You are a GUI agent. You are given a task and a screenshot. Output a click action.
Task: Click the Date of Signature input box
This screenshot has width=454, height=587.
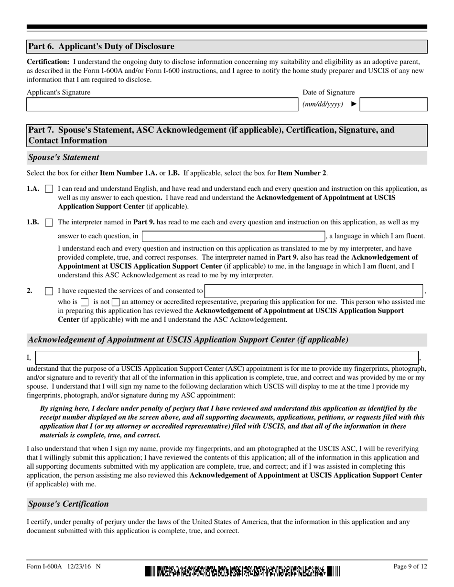(x=393, y=105)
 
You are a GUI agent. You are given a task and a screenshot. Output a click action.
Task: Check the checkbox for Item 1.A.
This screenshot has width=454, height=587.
(x=49, y=189)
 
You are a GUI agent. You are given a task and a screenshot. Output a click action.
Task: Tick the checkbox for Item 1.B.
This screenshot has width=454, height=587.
(x=49, y=222)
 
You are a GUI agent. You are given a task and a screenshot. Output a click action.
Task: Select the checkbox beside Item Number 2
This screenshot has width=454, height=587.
(x=49, y=291)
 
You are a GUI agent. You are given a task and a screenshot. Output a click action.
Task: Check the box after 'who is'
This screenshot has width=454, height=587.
(x=85, y=302)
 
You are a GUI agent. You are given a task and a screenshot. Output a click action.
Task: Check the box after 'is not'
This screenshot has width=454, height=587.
(x=116, y=302)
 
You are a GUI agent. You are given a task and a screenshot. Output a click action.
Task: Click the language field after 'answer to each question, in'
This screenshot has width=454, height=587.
(x=233, y=236)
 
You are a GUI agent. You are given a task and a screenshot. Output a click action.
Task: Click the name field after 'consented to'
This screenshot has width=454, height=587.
(x=314, y=291)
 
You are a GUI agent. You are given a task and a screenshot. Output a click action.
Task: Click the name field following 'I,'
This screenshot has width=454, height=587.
(x=227, y=358)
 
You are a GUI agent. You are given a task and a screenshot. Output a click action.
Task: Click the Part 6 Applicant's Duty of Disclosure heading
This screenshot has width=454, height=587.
(x=101, y=47)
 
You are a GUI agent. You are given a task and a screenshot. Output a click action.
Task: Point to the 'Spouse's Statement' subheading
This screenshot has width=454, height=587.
(x=64, y=157)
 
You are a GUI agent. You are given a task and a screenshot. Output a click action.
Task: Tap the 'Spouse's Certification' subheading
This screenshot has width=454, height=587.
(x=68, y=504)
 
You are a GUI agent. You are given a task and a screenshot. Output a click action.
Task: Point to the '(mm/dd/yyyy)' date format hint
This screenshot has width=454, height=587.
(x=323, y=105)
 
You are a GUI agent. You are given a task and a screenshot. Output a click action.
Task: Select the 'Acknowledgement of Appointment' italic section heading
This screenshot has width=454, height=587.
(x=188, y=340)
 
